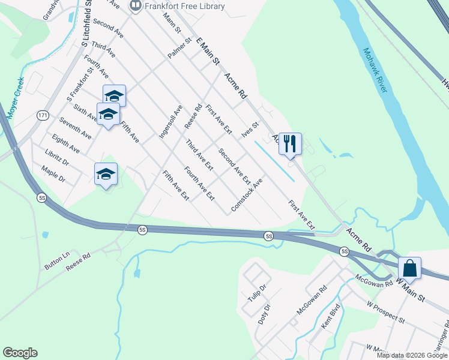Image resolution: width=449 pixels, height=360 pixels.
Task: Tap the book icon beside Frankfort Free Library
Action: tap(136, 6)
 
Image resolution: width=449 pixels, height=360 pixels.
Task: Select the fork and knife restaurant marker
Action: tap(290, 143)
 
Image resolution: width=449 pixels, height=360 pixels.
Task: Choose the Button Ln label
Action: tap(57, 263)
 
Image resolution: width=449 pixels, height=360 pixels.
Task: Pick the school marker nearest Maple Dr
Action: tap(106, 174)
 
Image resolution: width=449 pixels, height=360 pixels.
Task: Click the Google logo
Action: tap(20, 353)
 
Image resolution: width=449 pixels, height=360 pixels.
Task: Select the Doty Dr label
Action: tap(264, 315)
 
